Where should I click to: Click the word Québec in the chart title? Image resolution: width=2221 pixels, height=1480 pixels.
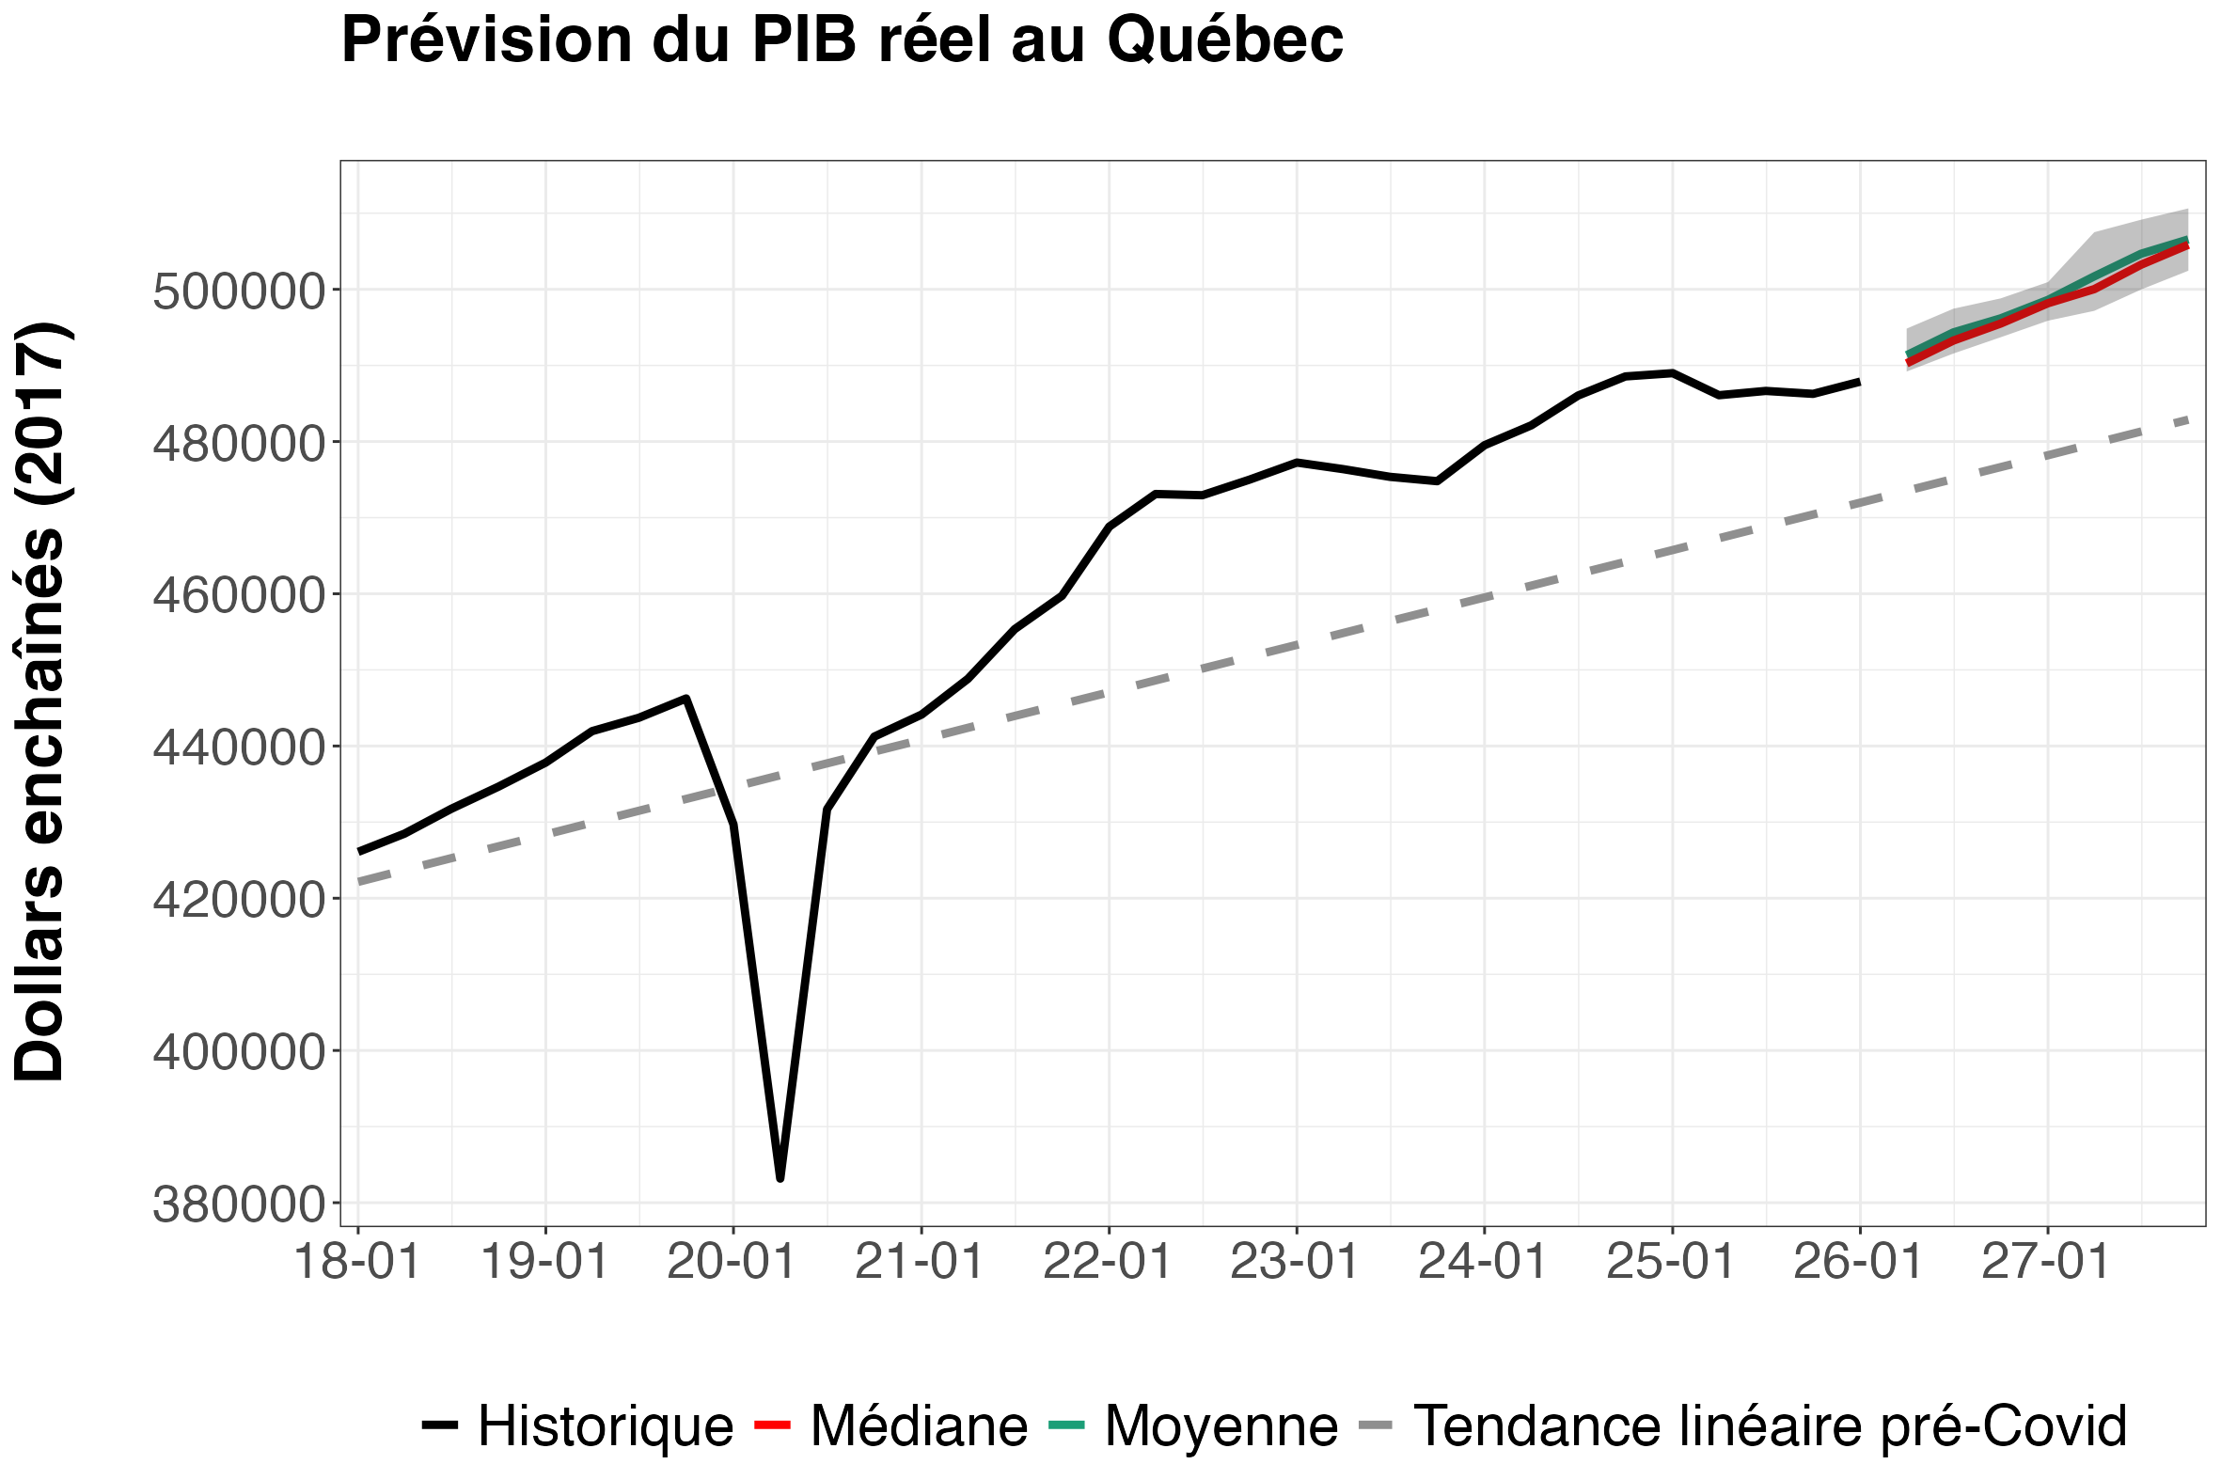tap(1225, 40)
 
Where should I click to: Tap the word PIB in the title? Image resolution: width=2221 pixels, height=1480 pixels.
tap(804, 39)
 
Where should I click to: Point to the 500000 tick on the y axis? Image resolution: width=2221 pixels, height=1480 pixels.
tap(239, 291)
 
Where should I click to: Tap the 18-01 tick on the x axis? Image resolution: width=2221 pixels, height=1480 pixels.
tap(357, 1261)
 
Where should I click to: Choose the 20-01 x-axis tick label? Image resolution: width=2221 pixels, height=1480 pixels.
tap(732, 1261)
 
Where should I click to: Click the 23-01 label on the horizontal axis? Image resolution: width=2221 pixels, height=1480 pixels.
tap(1295, 1261)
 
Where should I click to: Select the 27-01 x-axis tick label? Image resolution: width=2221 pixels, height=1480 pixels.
tap(2046, 1261)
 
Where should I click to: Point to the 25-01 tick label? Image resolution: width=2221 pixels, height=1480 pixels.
tap(1671, 1261)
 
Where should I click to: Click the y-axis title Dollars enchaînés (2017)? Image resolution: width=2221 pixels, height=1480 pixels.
tap(39, 702)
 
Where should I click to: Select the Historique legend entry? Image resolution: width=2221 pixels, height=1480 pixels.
tap(577, 1426)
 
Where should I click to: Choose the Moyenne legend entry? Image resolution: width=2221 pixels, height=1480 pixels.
tap(1194, 1426)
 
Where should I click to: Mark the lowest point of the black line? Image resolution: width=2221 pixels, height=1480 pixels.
tap(780, 1178)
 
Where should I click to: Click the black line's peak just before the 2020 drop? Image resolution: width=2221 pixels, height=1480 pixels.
tap(686, 698)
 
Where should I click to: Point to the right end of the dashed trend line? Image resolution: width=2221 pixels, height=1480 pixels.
tap(2188, 419)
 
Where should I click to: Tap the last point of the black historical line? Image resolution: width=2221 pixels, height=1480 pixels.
tap(1859, 382)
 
